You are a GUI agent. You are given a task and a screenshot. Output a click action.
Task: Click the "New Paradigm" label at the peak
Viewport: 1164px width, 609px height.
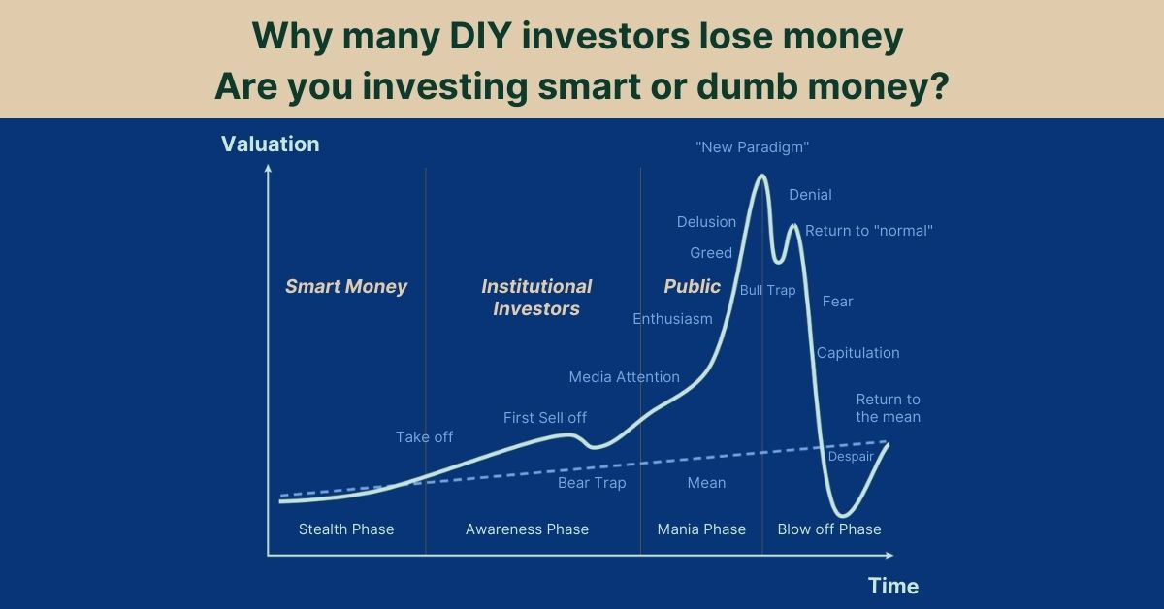(752, 147)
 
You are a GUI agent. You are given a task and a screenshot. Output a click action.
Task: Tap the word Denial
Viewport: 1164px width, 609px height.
(810, 195)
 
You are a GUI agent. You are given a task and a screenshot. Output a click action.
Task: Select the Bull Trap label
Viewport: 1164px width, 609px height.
(767, 290)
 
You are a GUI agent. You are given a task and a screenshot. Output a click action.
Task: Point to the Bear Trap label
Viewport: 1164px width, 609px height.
(592, 483)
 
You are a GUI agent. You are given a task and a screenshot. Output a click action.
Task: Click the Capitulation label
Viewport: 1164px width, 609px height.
(857, 353)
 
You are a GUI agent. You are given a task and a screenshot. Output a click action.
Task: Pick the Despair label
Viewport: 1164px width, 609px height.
(851, 456)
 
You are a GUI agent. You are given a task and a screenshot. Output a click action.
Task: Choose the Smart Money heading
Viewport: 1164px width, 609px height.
(346, 286)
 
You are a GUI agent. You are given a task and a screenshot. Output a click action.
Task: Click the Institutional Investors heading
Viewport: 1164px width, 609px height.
(536, 297)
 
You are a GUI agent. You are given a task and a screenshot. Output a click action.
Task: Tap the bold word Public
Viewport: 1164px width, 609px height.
(693, 286)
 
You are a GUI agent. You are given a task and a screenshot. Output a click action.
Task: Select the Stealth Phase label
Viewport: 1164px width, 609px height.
(346, 529)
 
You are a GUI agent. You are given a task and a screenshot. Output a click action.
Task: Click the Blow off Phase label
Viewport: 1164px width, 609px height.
(829, 529)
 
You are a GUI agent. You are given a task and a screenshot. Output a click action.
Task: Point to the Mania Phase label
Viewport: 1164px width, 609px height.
(701, 529)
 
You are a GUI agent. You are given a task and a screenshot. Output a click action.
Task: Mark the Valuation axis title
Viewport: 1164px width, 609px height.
(271, 144)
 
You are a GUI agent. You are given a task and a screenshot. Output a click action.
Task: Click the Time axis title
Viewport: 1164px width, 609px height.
(893, 586)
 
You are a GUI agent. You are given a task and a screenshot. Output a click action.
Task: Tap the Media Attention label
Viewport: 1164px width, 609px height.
(624, 376)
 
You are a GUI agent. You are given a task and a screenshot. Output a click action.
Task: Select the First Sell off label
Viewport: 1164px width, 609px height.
(545, 417)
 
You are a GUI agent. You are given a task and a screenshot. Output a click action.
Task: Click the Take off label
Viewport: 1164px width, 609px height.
(424, 437)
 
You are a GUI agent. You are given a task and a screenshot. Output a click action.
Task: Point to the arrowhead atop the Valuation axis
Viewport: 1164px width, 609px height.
(268, 168)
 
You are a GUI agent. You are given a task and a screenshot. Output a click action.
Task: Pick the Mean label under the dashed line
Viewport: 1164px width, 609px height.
(706, 483)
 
